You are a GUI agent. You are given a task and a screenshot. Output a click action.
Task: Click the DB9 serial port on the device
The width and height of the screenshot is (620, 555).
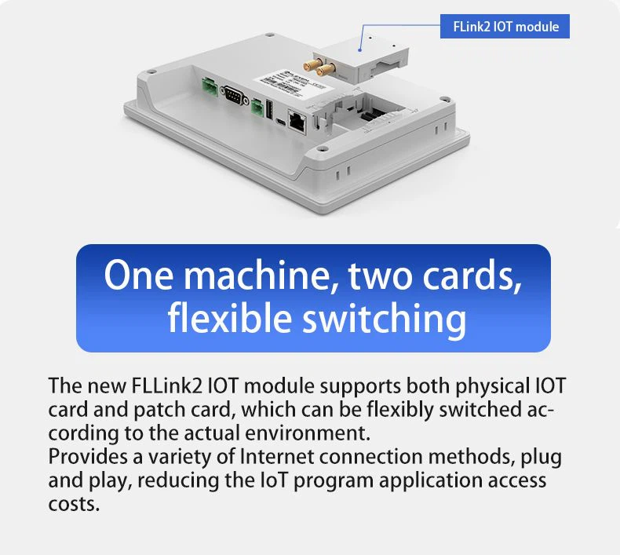(x=235, y=95)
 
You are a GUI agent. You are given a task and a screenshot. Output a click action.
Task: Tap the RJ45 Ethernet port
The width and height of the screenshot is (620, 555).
(x=297, y=121)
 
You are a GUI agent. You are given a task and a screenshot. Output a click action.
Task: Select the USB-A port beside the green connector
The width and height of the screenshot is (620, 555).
(x=270, y=109)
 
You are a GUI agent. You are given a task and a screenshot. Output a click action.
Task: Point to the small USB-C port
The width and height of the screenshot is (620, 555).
(x=281, y=122)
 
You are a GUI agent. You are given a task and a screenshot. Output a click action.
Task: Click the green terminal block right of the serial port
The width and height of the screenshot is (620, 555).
(x=257, y=108)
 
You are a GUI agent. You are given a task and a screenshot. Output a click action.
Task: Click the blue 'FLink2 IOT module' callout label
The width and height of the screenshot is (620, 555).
(x=505, y=27)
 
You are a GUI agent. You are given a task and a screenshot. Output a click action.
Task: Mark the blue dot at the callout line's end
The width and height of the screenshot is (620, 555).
(x=359, y=49)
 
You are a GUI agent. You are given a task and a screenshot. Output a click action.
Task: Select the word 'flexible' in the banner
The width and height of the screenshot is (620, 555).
(x=230, y=319)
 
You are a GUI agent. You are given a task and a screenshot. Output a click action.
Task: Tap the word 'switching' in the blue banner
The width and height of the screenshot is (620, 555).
(x=385, y=319)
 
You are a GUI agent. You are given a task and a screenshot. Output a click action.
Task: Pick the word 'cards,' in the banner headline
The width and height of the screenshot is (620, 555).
(x=472, y=276)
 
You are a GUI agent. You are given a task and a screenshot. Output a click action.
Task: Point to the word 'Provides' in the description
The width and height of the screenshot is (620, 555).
(x=88, y=457)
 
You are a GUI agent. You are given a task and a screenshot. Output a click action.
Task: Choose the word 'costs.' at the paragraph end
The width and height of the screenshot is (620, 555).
(x=74, y=504)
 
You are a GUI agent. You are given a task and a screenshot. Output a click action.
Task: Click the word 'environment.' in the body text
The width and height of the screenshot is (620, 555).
(x=308, y=433)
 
